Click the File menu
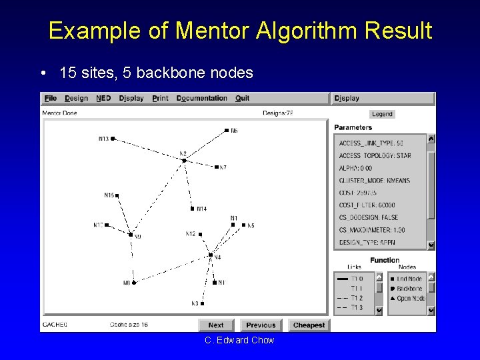[x=50, y=98]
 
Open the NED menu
[x=103, y=98]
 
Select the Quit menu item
[x=242, y=98]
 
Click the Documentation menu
[x=201, y=98]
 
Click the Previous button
[x=260, y=325]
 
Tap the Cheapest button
[x=309, y=325]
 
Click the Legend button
[x=382, y=114]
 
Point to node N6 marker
[x=227, y=130]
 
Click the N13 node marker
[x=113, y=139]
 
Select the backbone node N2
[x=184, y=160]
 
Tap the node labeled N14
[x=192, y=209]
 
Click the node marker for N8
[x=134, y=283]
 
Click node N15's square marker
[x=117, y=195]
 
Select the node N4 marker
[x=211, y=255]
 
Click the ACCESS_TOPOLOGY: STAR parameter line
[x=375, y=155]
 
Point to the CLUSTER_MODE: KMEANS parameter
[x=374, y=181]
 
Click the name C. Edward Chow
[x=239, y=340]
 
